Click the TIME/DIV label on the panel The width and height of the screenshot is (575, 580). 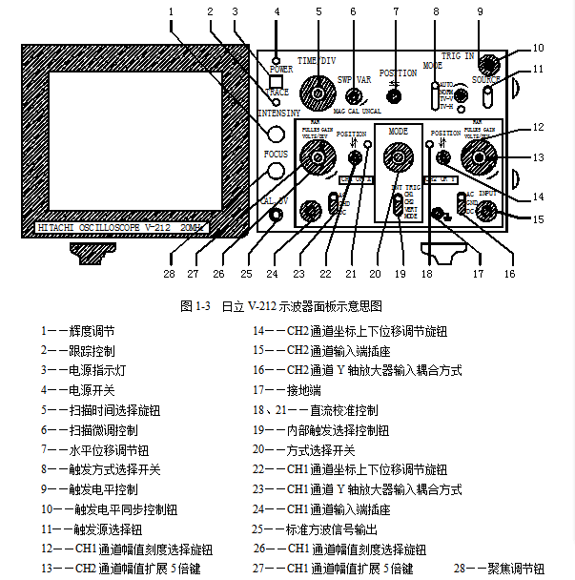click(316, 59)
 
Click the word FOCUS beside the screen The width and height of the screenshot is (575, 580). click(276, 153)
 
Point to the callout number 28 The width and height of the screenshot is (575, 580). click(171, 272)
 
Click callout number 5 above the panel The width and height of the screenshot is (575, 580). click(318, 11)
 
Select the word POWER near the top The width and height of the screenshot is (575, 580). click(280, 70)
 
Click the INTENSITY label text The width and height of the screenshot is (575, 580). click(279, 114)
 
